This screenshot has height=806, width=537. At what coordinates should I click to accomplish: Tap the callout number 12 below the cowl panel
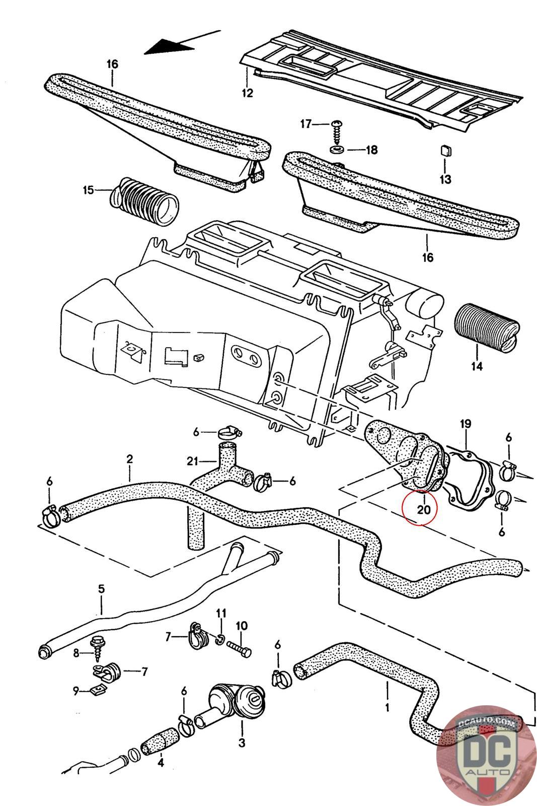pyautogui.click(x=247, y=93)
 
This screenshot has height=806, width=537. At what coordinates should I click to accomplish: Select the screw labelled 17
pyautogui.click(x=336, y=131)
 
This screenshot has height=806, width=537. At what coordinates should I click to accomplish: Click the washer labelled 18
pyautogui.click(x=337, y=149)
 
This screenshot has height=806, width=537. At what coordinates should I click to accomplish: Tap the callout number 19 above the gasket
pyautogui.click(x=466, y=424)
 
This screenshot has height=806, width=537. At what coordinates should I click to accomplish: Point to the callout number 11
pyautogui.click(x=221, y=613)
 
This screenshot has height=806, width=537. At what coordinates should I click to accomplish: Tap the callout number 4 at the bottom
pyautogui.click(x=161, y=763)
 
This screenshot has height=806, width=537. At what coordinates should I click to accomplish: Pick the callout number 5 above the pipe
pyautogui.click(x=101, y=589)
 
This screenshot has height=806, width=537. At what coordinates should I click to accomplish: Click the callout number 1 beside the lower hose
pyautogui.click(x=387, y=707)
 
